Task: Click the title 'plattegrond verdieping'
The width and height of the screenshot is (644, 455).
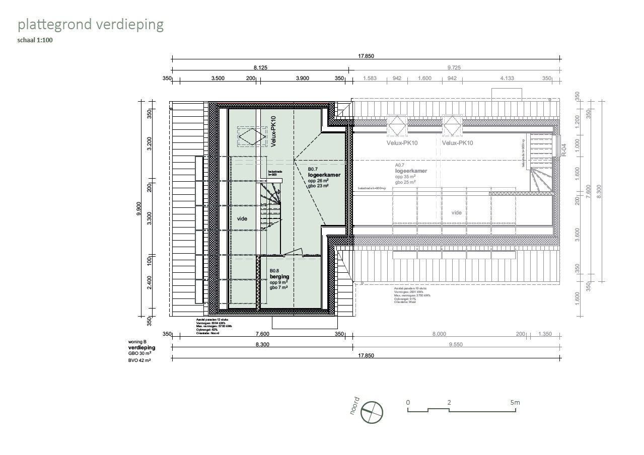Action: pyautogui.click(x=91, y=25)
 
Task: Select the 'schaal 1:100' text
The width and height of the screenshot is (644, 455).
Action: pyautogui.click(x=35, y=41)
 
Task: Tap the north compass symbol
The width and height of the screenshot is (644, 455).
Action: pyautogui.click(x=372, y=412)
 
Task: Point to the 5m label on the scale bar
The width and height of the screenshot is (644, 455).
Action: pyautogui.click(x=514, y=403)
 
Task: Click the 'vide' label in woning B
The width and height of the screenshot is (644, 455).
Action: pyautogui.click(x=242, y=218)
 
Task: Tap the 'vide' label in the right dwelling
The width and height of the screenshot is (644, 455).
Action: pyautogui.click(x=456, y=213)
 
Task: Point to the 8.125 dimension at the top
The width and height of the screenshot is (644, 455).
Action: pyautogui.click(x=260, y=67)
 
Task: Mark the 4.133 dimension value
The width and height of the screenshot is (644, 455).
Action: pyautogui.click(x=507, y=79)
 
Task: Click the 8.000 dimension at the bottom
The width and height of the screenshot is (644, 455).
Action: pyautogui.click(x=439, y=334)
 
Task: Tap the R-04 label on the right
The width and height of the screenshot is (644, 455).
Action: pyautogui.click(x=564, y=150)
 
